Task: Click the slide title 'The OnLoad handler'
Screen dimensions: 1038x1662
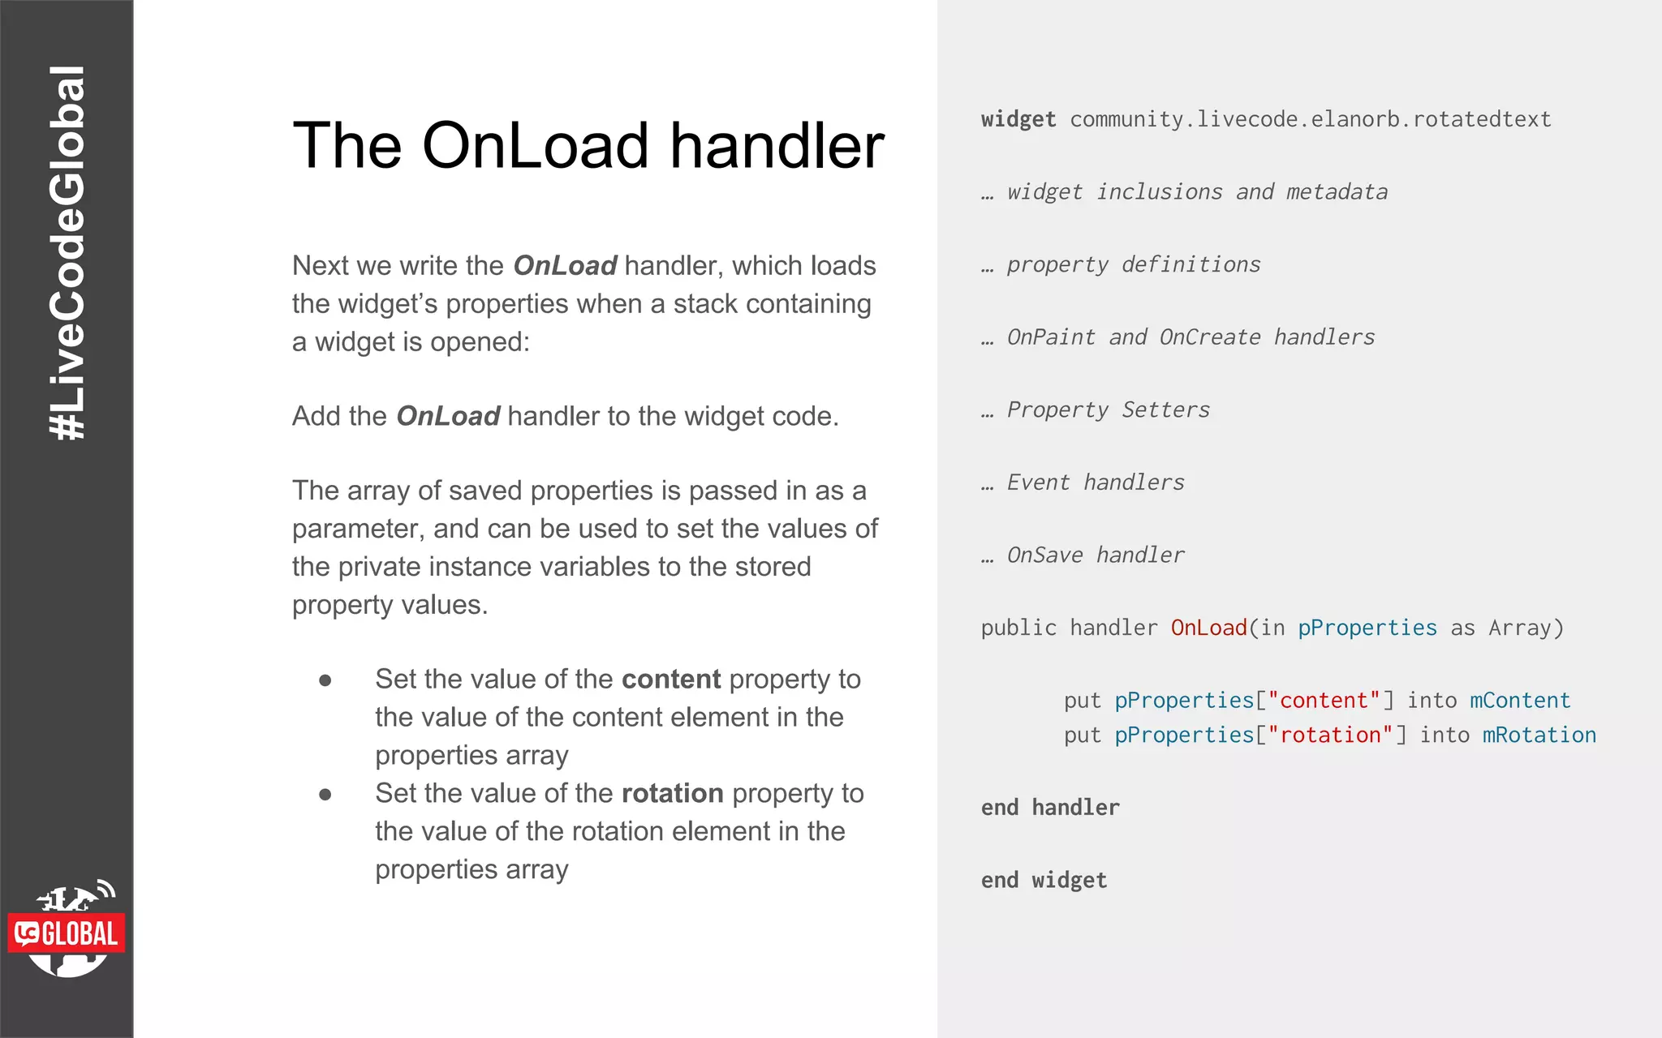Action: pyautogui.click(x=588, y=146)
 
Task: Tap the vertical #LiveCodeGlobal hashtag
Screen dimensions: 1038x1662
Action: pyautogui.click(x=67, y=253)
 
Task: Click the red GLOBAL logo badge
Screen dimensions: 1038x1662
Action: pyautogui.click(x=67, y=933)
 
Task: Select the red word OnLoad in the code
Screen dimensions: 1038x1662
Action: pyautogui.click(x=1208, y=628)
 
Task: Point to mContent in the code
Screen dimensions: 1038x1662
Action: pyautogui.click(x=1519, y=700)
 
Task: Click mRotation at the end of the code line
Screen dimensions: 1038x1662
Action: pyautogui.click(x=1539, y=735)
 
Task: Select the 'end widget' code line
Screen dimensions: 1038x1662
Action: pyautogui.click(x=1044, y=880)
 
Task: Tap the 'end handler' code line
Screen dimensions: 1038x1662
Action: pyautogui.click(x=1050, y=807)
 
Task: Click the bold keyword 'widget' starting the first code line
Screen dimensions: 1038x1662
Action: pyautogui.click(x=1018, y=119)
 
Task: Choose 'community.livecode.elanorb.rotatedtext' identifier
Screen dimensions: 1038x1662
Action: pyautogui.click(x=1310, y=119)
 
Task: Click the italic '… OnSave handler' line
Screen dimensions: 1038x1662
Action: pyautogui.click(x=1083, y=555)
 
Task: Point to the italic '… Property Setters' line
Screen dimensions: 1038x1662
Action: pyautogui.click(x=1096, y=410)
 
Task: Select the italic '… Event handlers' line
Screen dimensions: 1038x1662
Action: pyautogui.click(x=1083, y=483)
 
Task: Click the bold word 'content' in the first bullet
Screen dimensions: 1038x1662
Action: pyautogui.click(x=670, y=679)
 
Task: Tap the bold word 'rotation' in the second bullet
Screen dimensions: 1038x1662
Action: pyautogui.click(x=672, y=793)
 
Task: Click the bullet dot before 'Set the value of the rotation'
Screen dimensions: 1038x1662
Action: pyautogui.click(x=325, y=795)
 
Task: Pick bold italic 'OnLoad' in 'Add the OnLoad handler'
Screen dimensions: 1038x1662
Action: pyautogui.click(x=448, y=416)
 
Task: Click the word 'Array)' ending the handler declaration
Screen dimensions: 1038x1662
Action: pyautogui.click(x=1525, y=628)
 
